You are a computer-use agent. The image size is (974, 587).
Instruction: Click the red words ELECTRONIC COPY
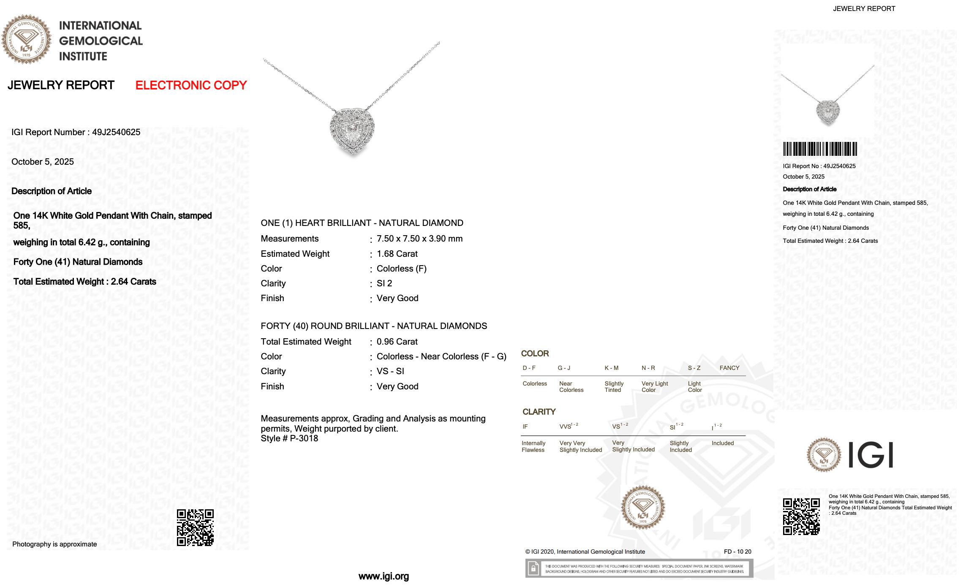[x=191, y=85]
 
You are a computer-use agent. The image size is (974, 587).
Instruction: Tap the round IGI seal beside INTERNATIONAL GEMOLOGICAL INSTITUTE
[x=26, y=39]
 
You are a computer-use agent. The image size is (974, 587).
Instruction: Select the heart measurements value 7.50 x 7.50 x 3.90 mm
[x=419, y=239]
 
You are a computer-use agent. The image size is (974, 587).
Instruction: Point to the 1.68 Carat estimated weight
[x=397, y=254]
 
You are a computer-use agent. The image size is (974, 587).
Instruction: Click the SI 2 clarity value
[x=384, y=283]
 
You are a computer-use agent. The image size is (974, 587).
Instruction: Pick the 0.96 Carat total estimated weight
[x=397, y=342]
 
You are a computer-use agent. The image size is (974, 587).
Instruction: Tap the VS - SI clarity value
[x=390, y=371]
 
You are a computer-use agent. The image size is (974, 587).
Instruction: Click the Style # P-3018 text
[x=289, y=438]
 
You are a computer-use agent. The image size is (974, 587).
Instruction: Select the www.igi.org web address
[x=384, y=576]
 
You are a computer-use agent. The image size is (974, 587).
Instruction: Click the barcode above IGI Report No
[x=820, y=149]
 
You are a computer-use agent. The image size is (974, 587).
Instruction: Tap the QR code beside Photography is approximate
[x=195, y=527]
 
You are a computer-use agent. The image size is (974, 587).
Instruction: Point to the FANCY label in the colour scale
[x=729, y=368]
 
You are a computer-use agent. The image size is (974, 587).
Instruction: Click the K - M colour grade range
[x=611, y=368]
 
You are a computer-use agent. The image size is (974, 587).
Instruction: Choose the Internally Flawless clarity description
[x=533, y=446]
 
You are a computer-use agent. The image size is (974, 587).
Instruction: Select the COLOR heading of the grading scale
[x=535, y=353]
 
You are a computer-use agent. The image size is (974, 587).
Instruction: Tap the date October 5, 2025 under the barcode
[x=803, y=177]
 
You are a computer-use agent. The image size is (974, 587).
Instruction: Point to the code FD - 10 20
[x=737, y=552]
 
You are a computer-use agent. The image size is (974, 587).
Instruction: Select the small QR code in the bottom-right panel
[x=801, y=516]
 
